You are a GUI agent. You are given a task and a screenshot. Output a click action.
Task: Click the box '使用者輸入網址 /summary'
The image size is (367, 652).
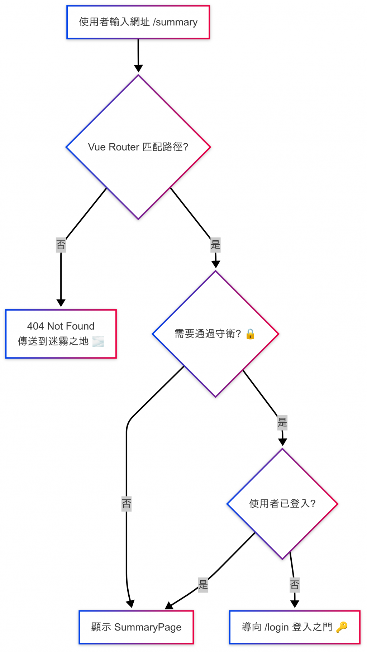[138, 22]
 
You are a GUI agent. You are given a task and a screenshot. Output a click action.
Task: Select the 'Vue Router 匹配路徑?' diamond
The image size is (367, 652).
[138, 147]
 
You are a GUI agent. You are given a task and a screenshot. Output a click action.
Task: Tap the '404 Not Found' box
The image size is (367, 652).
[61, 334]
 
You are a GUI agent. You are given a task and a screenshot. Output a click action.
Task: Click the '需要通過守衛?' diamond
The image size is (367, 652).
[215, 334]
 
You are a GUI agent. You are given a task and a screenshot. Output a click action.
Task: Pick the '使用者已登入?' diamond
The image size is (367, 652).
[282, 503]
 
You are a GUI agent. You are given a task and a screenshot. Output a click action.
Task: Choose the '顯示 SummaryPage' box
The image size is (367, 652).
[136, 627]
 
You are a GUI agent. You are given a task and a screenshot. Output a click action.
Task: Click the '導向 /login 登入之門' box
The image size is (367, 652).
[295, 627]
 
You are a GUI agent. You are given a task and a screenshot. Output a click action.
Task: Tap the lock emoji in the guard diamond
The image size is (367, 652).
[251, 334]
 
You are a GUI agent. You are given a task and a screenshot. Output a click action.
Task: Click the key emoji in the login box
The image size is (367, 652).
[342, 627]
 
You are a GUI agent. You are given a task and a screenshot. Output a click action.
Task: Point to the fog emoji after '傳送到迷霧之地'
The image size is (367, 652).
[98, 341]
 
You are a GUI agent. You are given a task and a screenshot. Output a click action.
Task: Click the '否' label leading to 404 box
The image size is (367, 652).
[61, 245]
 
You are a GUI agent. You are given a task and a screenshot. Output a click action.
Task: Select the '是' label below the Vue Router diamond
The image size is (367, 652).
[215, 245]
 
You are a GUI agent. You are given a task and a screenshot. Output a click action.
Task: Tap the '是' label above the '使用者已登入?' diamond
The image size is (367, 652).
[282, 422]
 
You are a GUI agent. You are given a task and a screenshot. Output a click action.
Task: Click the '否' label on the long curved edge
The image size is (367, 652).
[127, 504]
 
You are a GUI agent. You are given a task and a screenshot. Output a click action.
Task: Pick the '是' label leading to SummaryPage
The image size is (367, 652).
[203, 585]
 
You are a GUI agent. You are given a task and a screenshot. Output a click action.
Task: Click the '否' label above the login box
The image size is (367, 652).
[295, 585]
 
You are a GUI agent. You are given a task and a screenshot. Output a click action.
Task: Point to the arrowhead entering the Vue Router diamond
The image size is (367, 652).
[138, 68]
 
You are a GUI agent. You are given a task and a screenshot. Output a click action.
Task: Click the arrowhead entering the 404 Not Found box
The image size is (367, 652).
[61, 303]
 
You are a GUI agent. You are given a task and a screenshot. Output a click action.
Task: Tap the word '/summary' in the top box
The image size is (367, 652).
[175, 22]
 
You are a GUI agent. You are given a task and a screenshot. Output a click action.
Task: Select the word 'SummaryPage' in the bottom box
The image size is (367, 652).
[148, 627]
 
